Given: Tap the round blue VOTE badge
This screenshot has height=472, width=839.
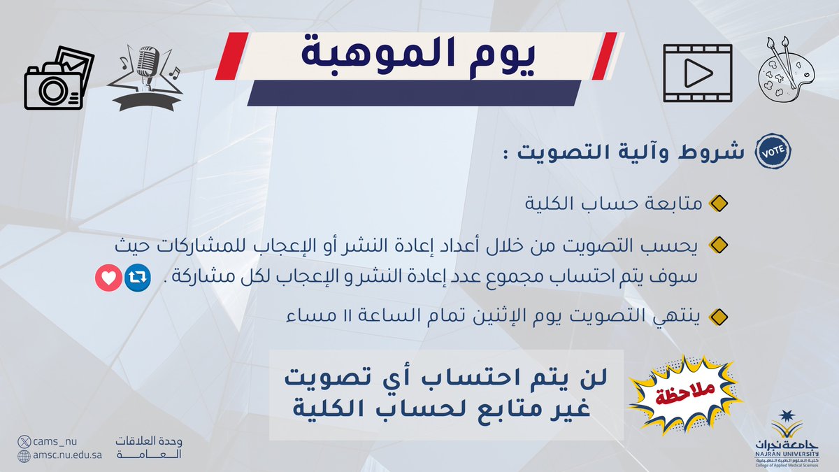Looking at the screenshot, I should click(772, 154).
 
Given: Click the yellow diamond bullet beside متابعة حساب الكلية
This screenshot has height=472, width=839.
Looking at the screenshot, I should click(718, 205).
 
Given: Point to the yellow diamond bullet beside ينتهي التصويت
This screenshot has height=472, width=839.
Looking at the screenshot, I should click(718, 317).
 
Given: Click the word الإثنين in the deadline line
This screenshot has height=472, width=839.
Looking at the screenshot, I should click(500, 317).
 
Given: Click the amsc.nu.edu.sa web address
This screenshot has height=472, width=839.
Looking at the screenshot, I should click(70, 456).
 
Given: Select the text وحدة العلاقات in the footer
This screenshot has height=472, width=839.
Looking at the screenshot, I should click(148, 442).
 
